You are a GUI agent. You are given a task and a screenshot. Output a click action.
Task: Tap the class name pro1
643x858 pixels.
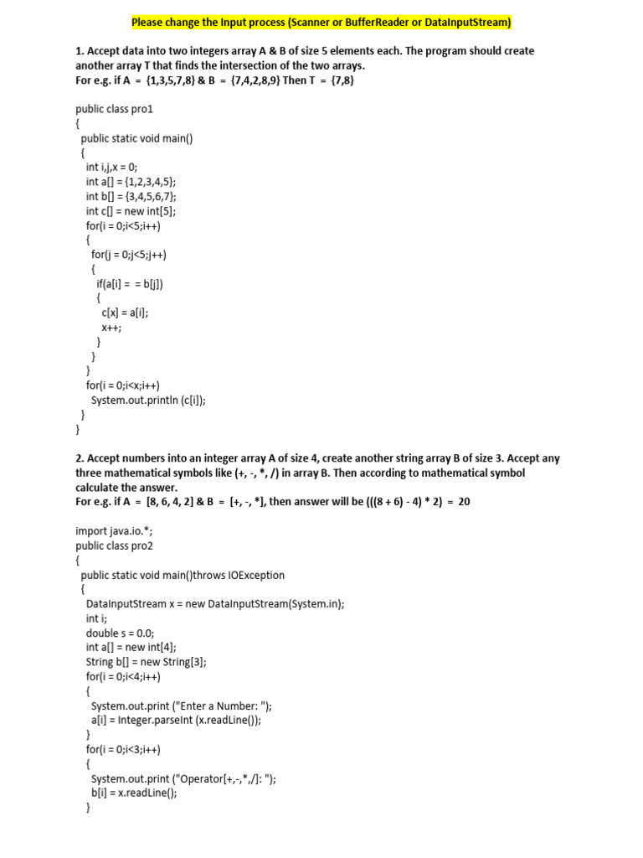coord(138,109)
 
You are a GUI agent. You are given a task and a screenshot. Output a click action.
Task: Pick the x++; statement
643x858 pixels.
coord(111,328)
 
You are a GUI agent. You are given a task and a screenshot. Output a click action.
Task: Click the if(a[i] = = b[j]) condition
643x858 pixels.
coord(130,284)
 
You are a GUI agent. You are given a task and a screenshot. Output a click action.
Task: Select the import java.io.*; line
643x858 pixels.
coord(114,530)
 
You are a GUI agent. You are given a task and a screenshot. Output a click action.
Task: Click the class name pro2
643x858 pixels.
coord(138,545)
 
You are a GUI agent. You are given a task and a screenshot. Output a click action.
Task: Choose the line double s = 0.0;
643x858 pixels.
coord(120,633)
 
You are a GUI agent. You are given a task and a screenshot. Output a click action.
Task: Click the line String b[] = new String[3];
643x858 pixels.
coord(146,662)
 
